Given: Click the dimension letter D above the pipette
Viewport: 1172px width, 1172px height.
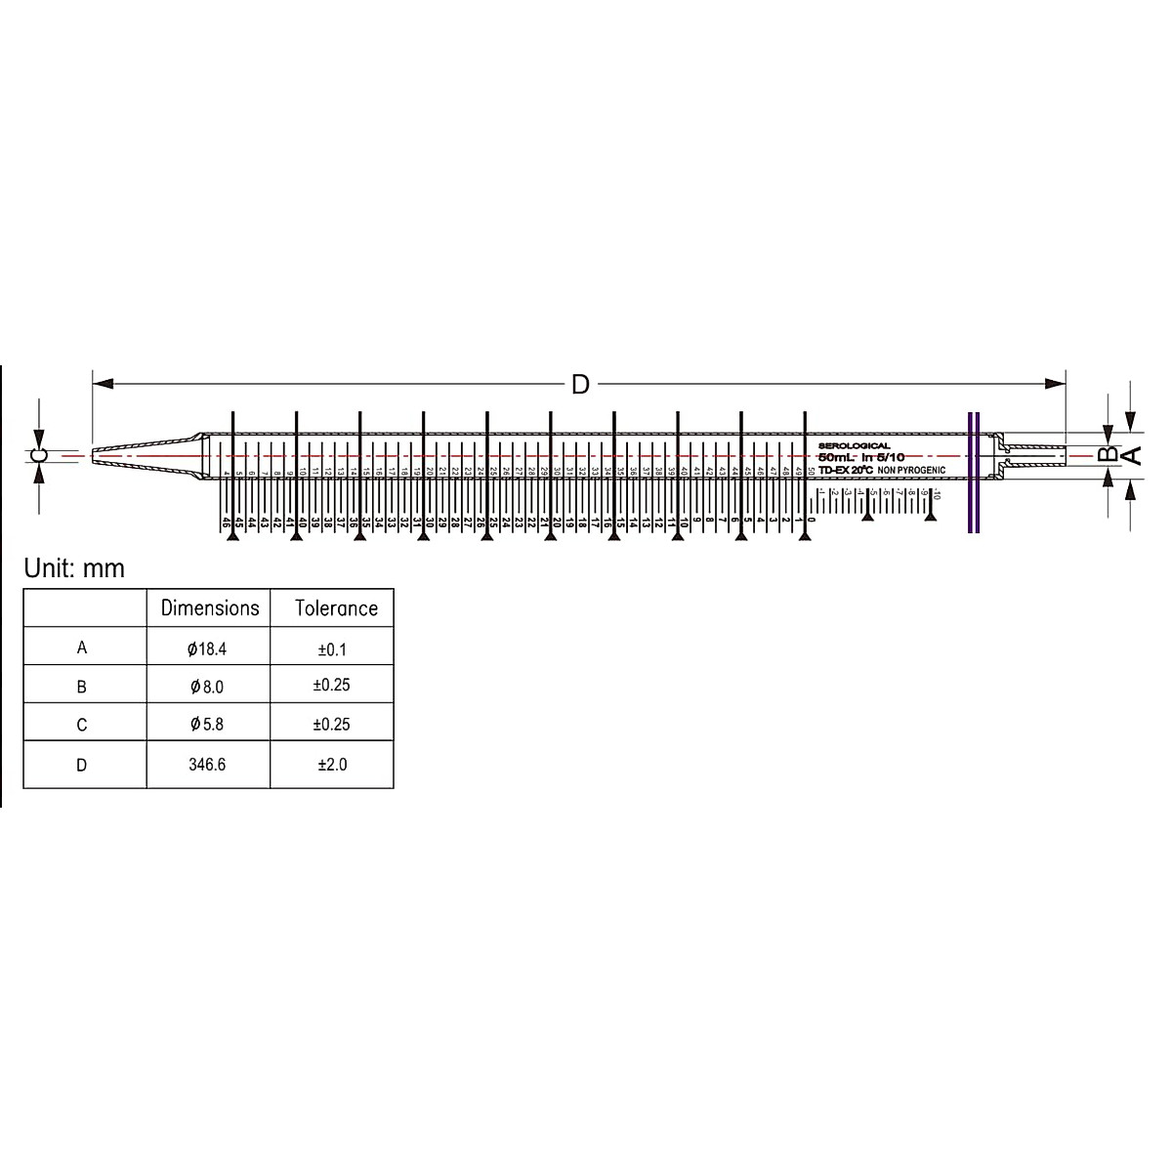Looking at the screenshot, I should pyautogui.click(x=580, y=384).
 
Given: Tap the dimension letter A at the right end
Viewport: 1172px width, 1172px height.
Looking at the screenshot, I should pyautogui.click(x=1130, y=454).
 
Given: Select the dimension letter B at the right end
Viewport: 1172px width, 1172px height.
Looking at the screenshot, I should pyautogui.click(x=1107, y=454).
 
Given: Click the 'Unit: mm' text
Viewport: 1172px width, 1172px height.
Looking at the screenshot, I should pyautogui.click(x=74, y=568).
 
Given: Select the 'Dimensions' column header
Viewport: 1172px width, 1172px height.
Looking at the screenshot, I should pyautogui.click(x=209, y=607).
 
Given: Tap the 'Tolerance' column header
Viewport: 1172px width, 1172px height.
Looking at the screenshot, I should pyautogui.click(x=336, y=608).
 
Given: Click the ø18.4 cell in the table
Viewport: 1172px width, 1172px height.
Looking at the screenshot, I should pyautogui.click(x=209, y=648).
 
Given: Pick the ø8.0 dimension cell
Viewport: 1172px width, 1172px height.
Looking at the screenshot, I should pyautogui.click(x=208, y=687).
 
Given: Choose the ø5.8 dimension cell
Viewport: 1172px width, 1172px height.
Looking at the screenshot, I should pyautogui.click(x=208, y=725).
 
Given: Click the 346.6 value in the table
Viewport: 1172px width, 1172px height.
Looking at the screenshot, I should pyautogui.click(x=208, y=765).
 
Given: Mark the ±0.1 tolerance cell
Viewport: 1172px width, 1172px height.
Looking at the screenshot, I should pyautogui.click(x=332, y=648).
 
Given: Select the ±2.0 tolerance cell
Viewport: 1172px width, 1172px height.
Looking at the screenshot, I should pyautogui.click(x=332, y=765).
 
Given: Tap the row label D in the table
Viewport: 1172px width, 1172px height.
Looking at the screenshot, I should pyautogui.click(x=82, y=765).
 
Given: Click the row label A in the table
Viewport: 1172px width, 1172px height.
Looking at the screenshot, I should pyautogui.click(x=82, y=648).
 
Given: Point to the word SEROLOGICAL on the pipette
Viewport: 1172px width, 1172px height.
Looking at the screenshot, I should pyautogui.click(x=854, y=445).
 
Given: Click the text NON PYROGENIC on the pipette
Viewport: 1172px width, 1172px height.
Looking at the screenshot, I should pyautogui.click(x=911, y=471).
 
